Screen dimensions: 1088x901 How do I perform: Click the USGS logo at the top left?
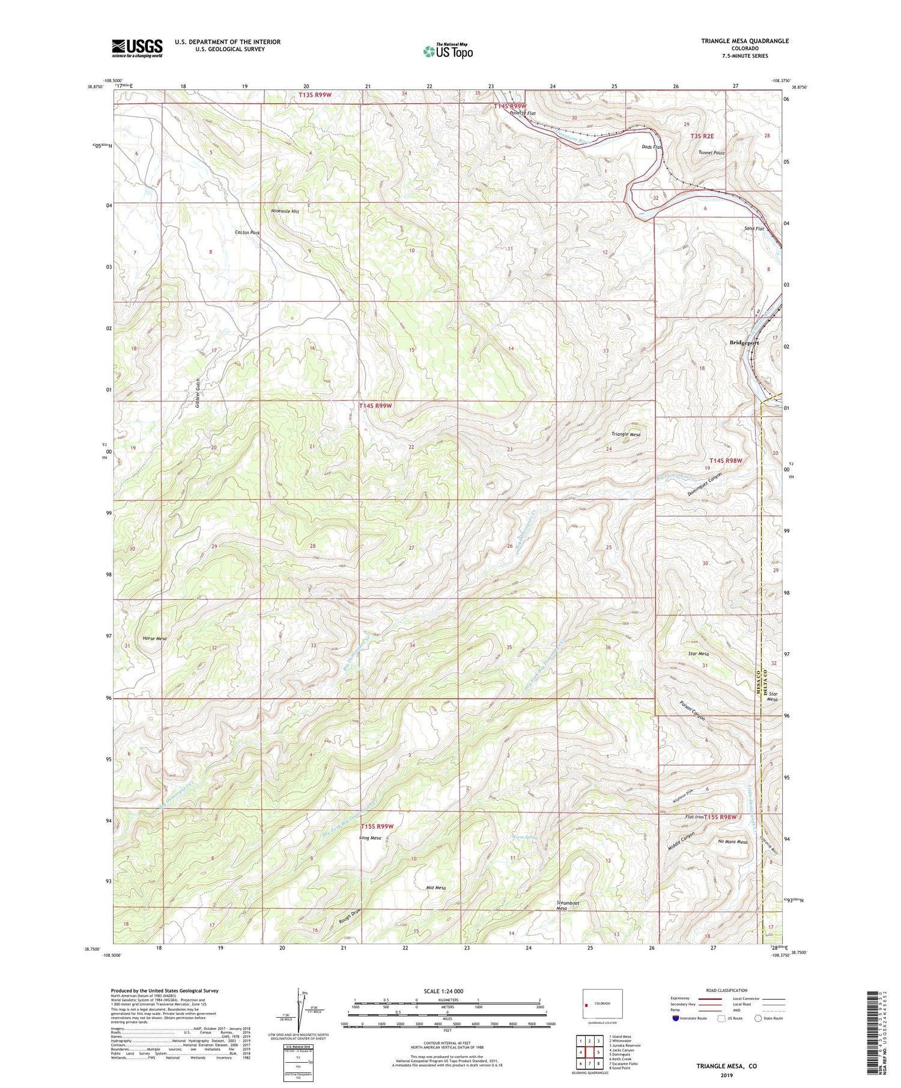click(137, 48)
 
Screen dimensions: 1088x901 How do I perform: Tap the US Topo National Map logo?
click(447, 51)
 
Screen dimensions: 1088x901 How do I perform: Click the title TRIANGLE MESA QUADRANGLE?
click(745, 41)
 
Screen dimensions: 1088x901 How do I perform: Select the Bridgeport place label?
click(744, 343)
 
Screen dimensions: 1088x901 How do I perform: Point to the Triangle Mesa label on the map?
click(626, 434)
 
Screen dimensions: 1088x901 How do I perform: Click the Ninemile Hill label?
click(285, 211)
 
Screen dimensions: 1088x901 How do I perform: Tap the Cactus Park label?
click(247, 232)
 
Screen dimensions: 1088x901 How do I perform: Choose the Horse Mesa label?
click(154, 639)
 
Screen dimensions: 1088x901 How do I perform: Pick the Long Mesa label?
click(370, 838)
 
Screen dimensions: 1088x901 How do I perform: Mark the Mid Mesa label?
click(435, 888)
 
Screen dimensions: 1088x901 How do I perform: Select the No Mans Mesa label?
click(733, 842)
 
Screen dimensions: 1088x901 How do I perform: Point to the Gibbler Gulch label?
click(198, 394)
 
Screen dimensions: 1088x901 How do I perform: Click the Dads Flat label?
click(651, 147)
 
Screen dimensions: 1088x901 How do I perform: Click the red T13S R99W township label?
click(315, 95)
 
